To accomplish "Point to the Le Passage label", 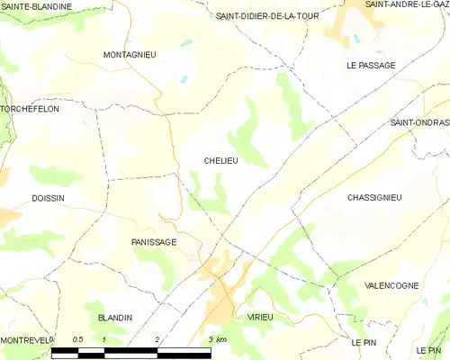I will tap(370, 66).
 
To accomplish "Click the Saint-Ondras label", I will tap(418, 122).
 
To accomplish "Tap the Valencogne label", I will tap(391, 285).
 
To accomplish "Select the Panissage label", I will tap(153, 242).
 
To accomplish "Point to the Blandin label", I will tap(114, 318).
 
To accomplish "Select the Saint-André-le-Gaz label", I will tap(406, 5).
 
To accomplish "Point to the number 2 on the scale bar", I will tap(157, 339).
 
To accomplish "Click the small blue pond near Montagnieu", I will tap(184, 80).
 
